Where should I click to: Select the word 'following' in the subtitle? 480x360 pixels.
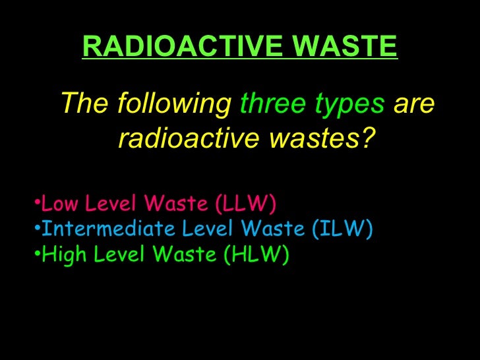(x=174, y=104)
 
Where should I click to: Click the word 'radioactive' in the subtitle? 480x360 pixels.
(x=187, y=138)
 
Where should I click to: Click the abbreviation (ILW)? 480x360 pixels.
(x=341, y=229)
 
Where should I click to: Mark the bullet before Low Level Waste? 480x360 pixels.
(x=36, y=204)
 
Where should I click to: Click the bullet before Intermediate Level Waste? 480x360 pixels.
(x=36, y=229)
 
